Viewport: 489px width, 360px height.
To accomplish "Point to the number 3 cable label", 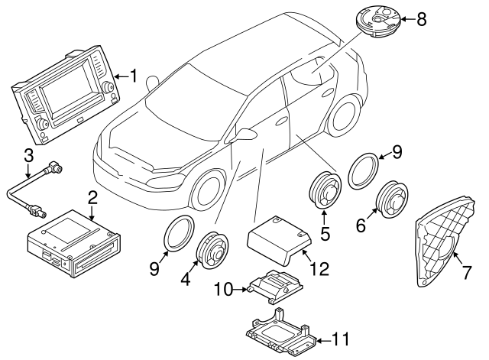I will [28, 155].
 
